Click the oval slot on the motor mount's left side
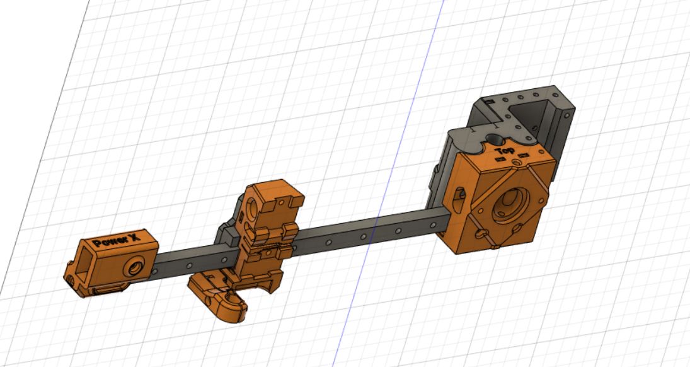pos(458,194)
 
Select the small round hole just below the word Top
pos(517,163)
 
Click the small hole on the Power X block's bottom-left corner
pos(70,276)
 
